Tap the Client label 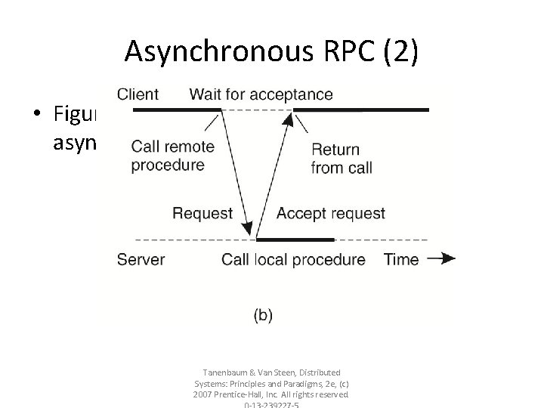pos(138,94)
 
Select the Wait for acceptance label pos(261,94)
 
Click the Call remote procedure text pos(172,156)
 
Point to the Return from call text pos(342,159)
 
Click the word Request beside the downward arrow pos(202,213)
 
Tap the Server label pos(141,260)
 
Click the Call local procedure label pos(293,260)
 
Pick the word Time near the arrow pos(401,260)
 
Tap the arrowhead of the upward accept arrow pos(289,116)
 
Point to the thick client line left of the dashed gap pos(177,110)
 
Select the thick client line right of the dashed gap pos(360,110)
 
